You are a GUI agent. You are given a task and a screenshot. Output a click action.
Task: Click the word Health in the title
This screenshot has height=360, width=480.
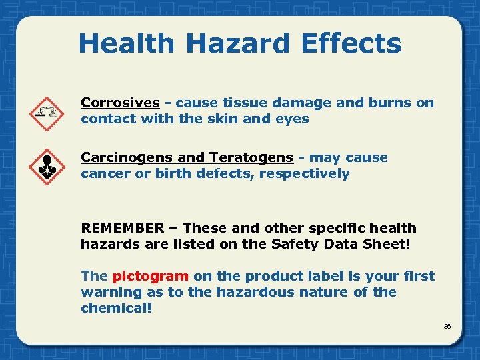pyautogui.click(x=125, y=44)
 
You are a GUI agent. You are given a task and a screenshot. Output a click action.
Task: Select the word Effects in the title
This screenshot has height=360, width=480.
pyautogui.click(x=351, y=44)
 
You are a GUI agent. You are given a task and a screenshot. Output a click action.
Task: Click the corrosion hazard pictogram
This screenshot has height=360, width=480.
pyautogui.click(x=47, y=114)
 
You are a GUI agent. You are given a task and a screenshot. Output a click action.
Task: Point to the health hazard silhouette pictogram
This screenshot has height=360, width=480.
pyautogui.click(x=47, y=167)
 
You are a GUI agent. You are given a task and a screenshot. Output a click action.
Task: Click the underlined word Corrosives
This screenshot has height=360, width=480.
pyautogui.click(x=120, y=103)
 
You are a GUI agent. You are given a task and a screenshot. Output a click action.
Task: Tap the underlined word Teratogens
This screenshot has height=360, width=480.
pyautogui.click(x=251, y=157)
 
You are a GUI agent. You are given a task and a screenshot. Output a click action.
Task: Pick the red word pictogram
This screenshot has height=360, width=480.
pyautogui.click(x=151, y=276)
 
